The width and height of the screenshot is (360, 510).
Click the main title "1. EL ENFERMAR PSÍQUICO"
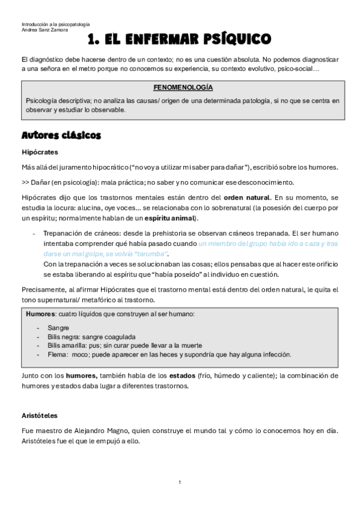[x=179, y=40]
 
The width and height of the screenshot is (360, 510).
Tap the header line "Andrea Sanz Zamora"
[x=43, y=29]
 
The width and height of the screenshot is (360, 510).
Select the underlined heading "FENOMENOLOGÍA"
[x=183, y=87]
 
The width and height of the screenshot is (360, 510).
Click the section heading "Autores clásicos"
[x=61, y=135]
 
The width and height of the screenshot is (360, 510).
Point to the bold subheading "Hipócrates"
[x=39, y=152]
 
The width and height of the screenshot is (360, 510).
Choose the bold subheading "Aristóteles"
[x=40, y=416]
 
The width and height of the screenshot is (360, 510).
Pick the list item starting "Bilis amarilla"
[x=124, y=345]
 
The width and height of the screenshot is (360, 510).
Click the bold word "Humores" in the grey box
[x=40, y=314]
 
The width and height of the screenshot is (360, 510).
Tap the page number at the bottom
[x=180, y=482]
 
